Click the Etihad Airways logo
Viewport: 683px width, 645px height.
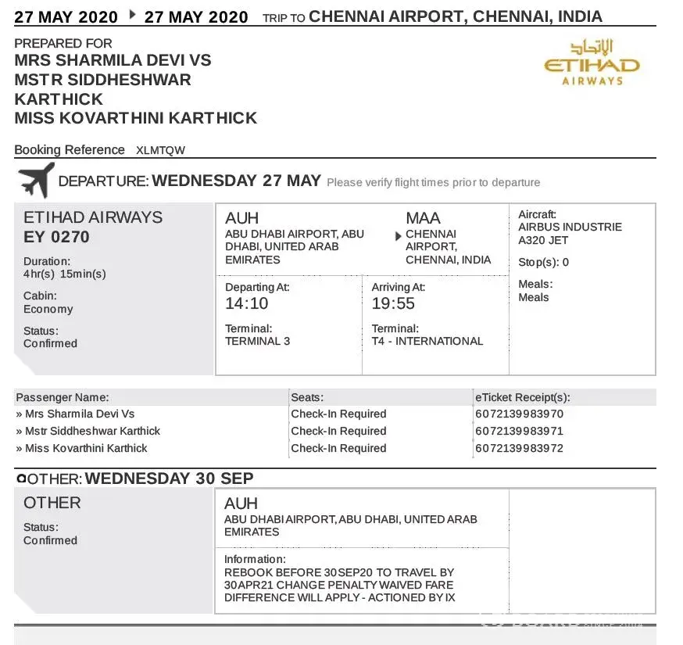(x=592, y=62)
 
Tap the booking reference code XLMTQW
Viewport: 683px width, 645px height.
(x=160, y=150)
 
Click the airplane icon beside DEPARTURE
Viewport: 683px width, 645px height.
(x=36, y=180)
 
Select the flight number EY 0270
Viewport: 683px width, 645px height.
(x=57, y=237)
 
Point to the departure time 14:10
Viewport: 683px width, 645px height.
(x=246, y=303)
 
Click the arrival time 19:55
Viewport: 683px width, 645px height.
(x=393, y=303)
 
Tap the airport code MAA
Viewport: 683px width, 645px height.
(x=423, y=218)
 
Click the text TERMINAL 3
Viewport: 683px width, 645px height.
(x=257, y=341)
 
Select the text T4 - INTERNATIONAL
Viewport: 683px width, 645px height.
(x=427, y=341)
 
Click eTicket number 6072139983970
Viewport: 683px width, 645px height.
(x=519, y=414)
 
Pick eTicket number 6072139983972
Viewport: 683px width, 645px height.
(x=519, y=448)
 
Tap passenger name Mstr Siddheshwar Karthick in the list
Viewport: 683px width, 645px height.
(x=92, y=431)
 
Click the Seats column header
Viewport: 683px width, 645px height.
(x=307, y=397)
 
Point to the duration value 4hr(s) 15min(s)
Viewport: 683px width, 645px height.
(x=64, y=274)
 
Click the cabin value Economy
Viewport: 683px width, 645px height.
(x=48, y=309)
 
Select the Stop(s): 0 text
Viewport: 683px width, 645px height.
(x=544, y=262)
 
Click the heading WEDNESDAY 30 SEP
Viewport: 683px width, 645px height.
(x=169, y=478)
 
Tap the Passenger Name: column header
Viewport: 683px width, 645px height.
(x=63, y=397)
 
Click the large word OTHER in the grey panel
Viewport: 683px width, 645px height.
(x=52, y=503)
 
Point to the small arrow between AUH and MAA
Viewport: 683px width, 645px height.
(x=399, y=235)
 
